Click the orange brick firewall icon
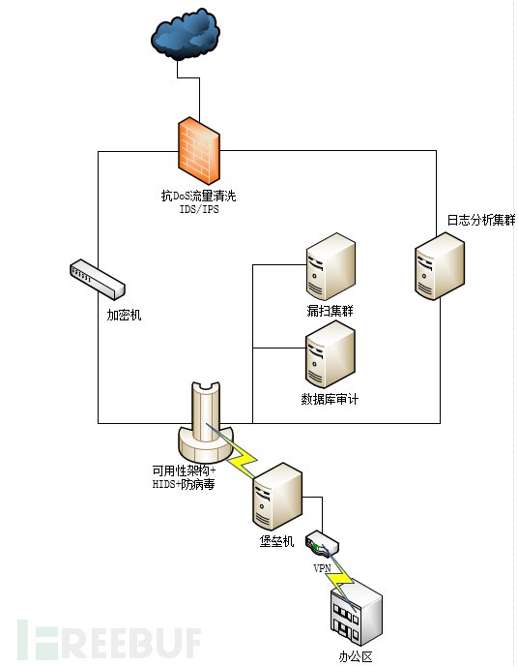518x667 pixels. point(199,151)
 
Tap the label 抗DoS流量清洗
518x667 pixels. point(198,196)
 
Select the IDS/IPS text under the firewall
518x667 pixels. point(197,208)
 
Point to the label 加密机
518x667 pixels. point(124,316)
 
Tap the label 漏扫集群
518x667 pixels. point(329,310)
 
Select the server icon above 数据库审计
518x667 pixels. point(329,355)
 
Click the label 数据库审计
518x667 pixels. point(330,399)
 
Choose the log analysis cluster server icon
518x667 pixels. point(440,263)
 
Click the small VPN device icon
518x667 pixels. point(322,544)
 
